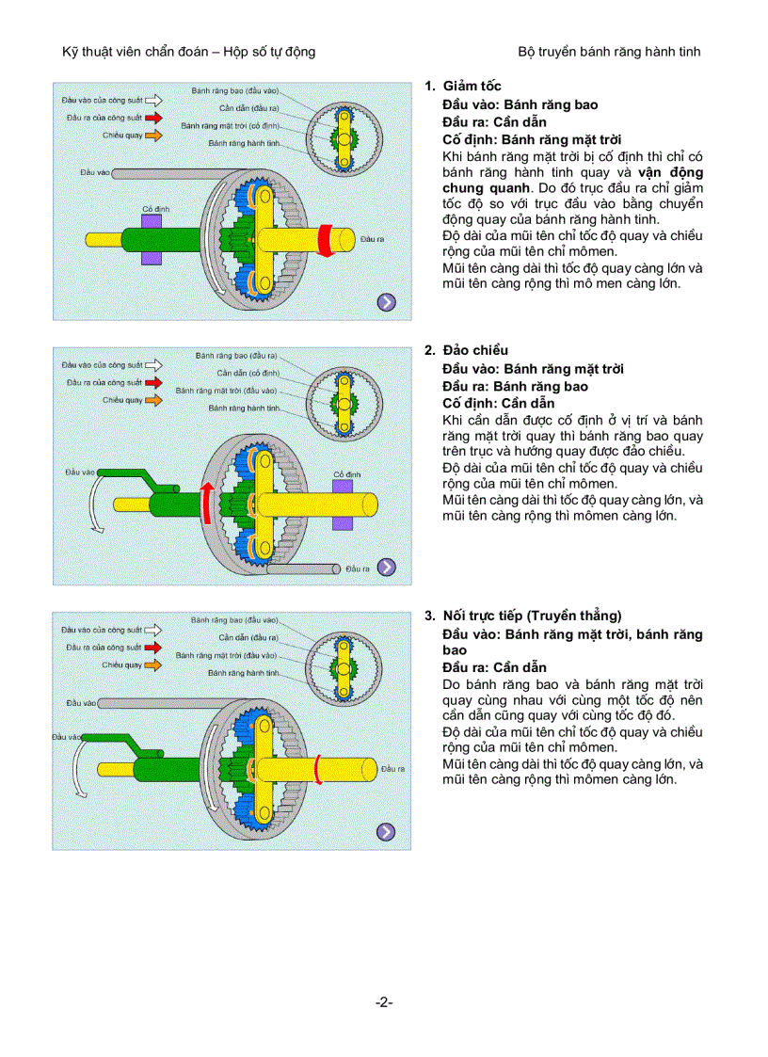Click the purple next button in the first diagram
coord(387,302)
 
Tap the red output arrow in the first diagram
coord(325,239)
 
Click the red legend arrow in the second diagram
coord(154,383)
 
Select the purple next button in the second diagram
coord(387,567)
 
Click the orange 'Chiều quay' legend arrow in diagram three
coord(154,665)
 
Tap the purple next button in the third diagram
coord(387,831)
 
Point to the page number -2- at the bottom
coord(384,1001)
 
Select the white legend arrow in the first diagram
coord(154,98)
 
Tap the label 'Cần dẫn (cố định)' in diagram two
coord(243,373)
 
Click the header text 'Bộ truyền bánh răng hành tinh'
coord(609,52)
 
